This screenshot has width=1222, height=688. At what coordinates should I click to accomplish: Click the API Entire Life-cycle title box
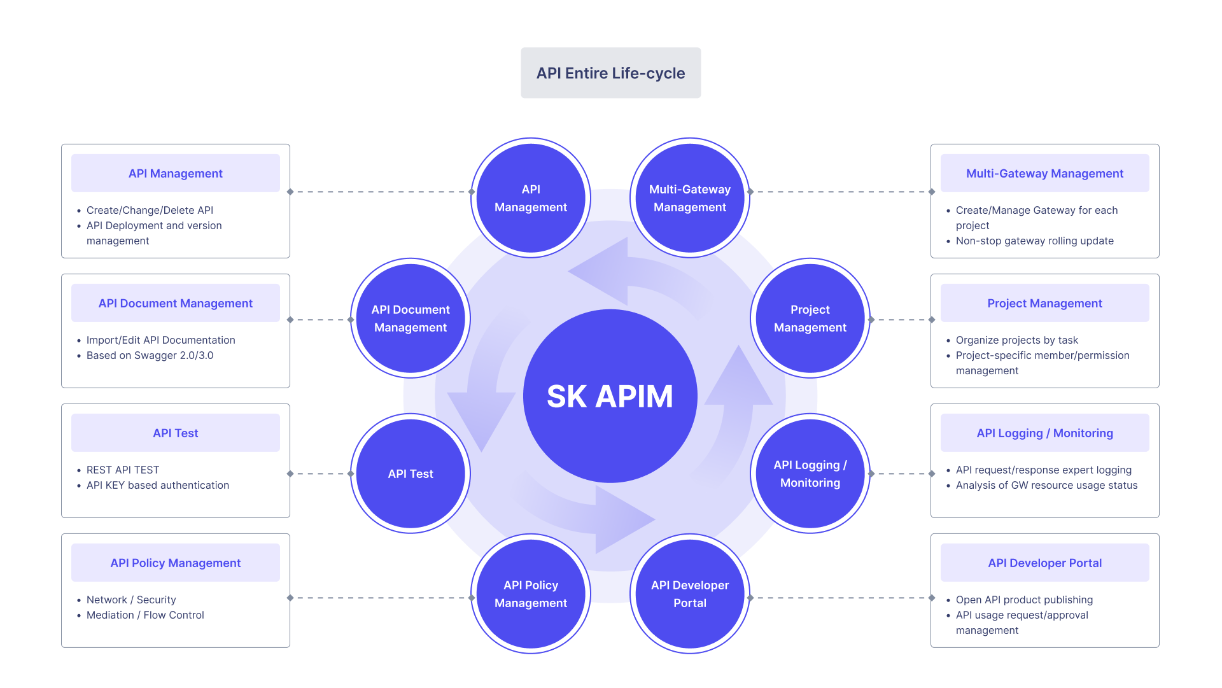610,73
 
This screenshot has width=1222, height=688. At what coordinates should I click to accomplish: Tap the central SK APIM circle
610,396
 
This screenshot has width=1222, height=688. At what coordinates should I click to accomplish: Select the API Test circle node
411,474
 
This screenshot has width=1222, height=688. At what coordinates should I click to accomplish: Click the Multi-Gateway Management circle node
690,198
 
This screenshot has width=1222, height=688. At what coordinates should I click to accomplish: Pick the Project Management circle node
810,318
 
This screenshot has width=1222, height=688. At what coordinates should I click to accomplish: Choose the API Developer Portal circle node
690,594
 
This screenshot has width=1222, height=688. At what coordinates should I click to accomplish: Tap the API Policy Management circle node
531,594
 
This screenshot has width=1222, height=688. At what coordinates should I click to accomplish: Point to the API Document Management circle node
411,318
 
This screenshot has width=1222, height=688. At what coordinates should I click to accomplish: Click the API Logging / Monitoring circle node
810,474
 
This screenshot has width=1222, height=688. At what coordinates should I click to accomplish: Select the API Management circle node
531,198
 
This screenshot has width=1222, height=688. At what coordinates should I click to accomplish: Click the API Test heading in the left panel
176,433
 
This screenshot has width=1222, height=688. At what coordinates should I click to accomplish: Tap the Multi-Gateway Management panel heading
1044,173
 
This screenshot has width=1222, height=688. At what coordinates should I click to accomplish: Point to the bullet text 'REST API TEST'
123,470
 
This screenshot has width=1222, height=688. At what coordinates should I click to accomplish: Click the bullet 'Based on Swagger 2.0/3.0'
150,355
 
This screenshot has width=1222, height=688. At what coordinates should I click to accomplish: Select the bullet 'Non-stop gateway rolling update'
1034,241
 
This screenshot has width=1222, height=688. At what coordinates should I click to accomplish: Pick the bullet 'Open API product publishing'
1024,600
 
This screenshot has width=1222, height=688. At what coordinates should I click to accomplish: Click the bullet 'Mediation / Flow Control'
145,615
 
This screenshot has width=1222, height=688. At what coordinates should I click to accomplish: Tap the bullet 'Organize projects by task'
1016,340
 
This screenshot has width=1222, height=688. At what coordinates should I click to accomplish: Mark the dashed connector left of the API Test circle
320,474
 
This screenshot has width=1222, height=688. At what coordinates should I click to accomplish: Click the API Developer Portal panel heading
1044,563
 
